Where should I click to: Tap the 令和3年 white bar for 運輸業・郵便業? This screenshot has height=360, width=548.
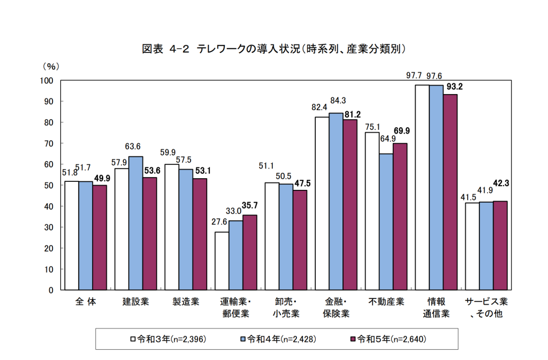coord(222,261)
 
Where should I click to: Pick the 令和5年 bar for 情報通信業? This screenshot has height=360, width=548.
coord(450,192)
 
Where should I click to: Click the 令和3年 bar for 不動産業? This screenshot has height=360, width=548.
coord(372,211)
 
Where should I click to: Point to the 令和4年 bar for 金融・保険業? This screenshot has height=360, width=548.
coord(336,202)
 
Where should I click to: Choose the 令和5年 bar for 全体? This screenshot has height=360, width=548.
coord(100,238)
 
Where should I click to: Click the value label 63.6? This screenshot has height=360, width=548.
coord(133,146)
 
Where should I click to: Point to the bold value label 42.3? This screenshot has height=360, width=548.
coord(501,183)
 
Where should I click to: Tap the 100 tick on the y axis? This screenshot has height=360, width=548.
coord(47,80)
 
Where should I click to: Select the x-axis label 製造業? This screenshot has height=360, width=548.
coord(185,302)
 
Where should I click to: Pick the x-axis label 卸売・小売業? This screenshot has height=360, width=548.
coord(286,308)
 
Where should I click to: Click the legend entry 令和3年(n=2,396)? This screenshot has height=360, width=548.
coord(169,339)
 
